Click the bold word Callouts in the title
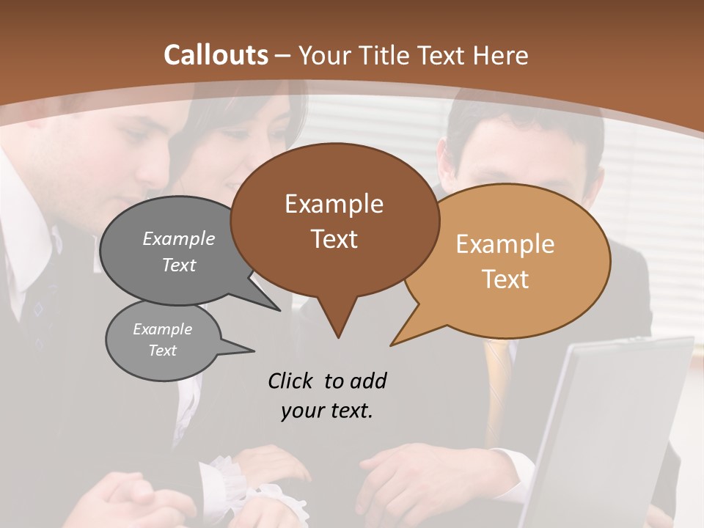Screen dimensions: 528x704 coord(216,55)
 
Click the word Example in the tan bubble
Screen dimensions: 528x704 coord(505,244)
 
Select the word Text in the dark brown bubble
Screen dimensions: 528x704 coord(334,239)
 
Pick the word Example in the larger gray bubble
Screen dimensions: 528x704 coord(179,238)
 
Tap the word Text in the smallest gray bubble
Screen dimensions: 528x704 coord(162,351)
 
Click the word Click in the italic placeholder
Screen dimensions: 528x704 coord(291,381)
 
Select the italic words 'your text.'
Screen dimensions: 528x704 coord(327,411)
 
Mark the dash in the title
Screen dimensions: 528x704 coord(283,56)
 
